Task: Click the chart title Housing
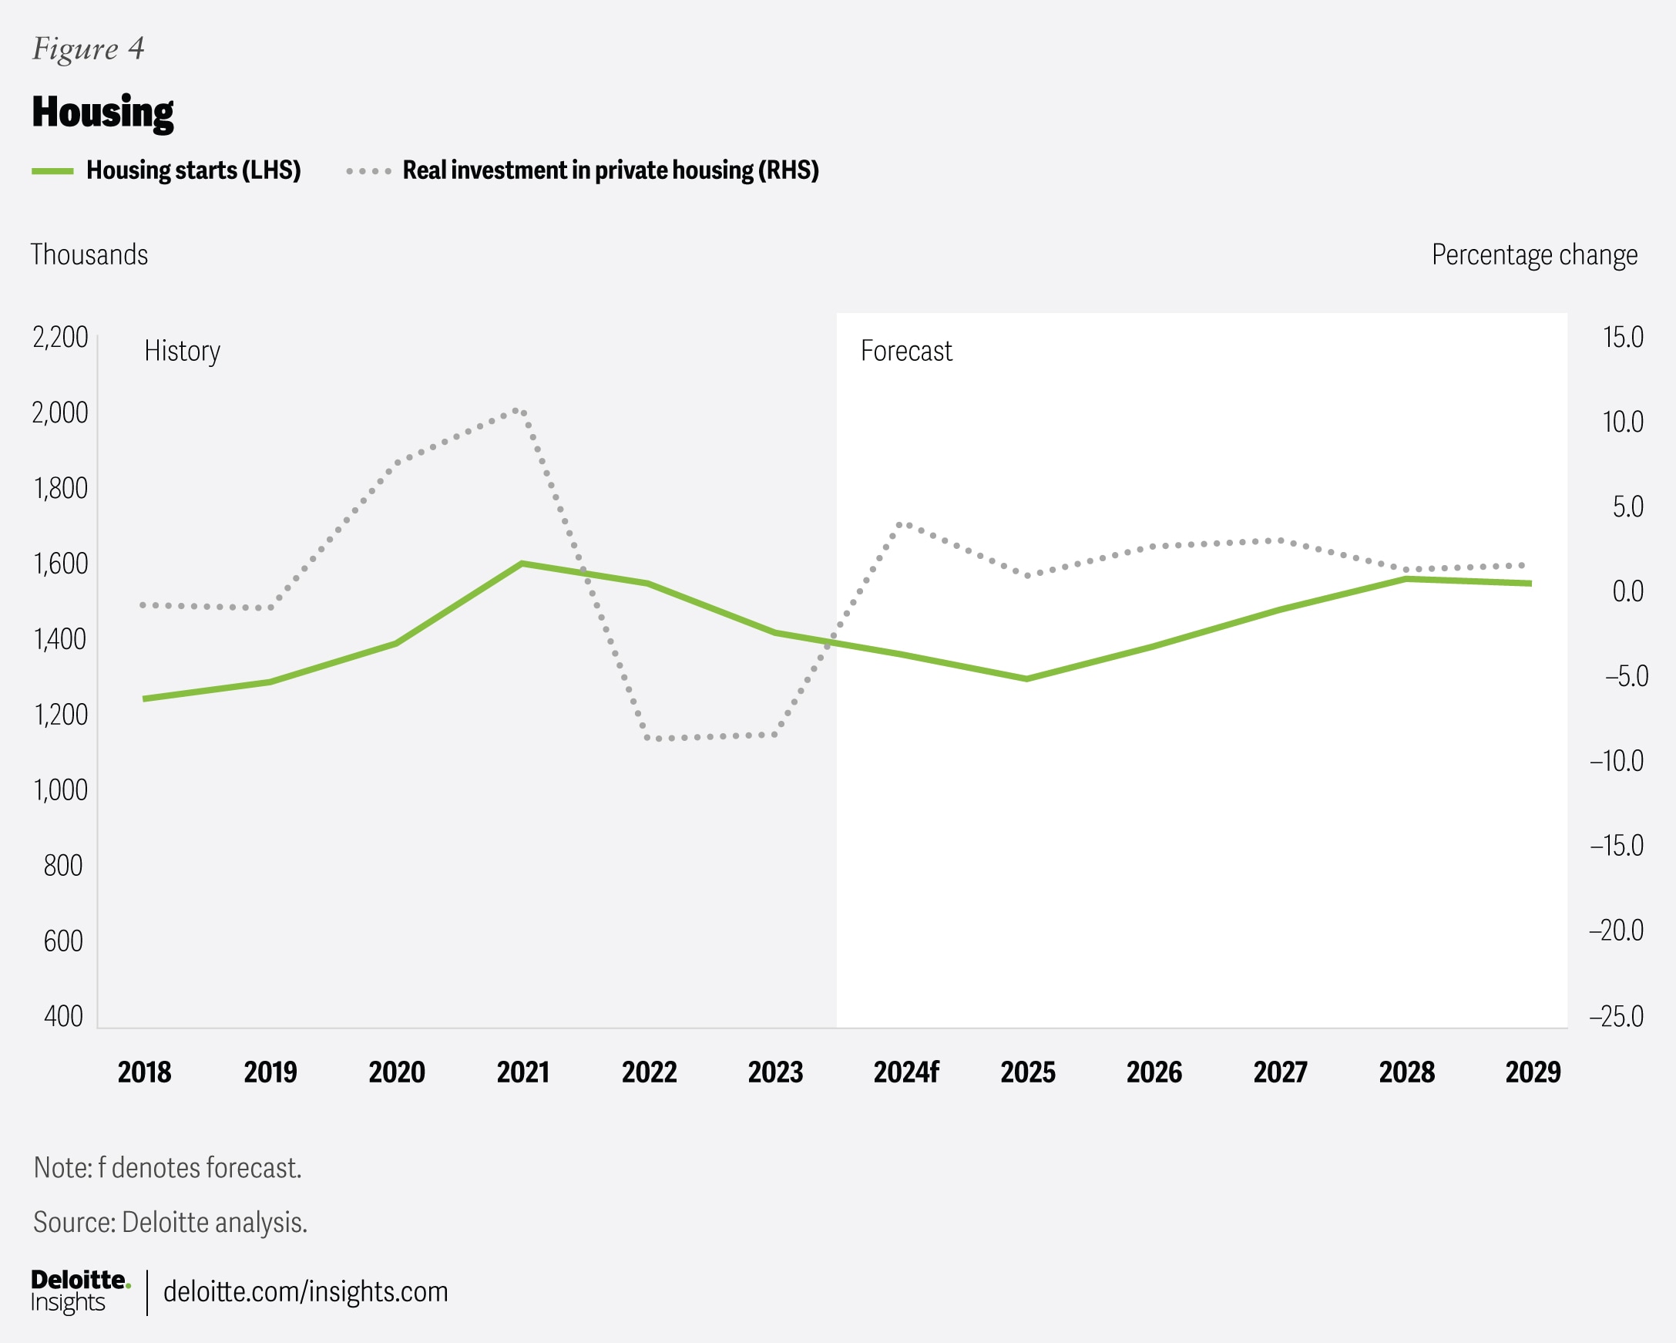[x=102, y=113]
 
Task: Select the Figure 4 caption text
[x=88, y=49]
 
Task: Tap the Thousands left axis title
[x=89, y=255]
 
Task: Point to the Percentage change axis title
[x=1533, y=255]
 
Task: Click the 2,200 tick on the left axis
[x=60, y=338]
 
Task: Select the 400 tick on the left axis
[x=63, y=1016]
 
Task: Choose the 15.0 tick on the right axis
[x=1622, y=338]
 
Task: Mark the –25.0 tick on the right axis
[x=1616, y=1016]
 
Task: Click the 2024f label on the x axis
[x=905, y=1072]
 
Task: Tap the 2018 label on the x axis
[x=145, y=1072]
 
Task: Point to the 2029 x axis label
[x=1532, y=1072]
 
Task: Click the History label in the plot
[x=182, y=352]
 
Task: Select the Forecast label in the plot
[x=905, y=352]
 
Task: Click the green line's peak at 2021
[x=522, y=564]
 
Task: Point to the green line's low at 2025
[x=1027, y=679]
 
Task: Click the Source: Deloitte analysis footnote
[x=170, y=1223]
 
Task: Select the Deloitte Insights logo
[x=80, y=1291]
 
